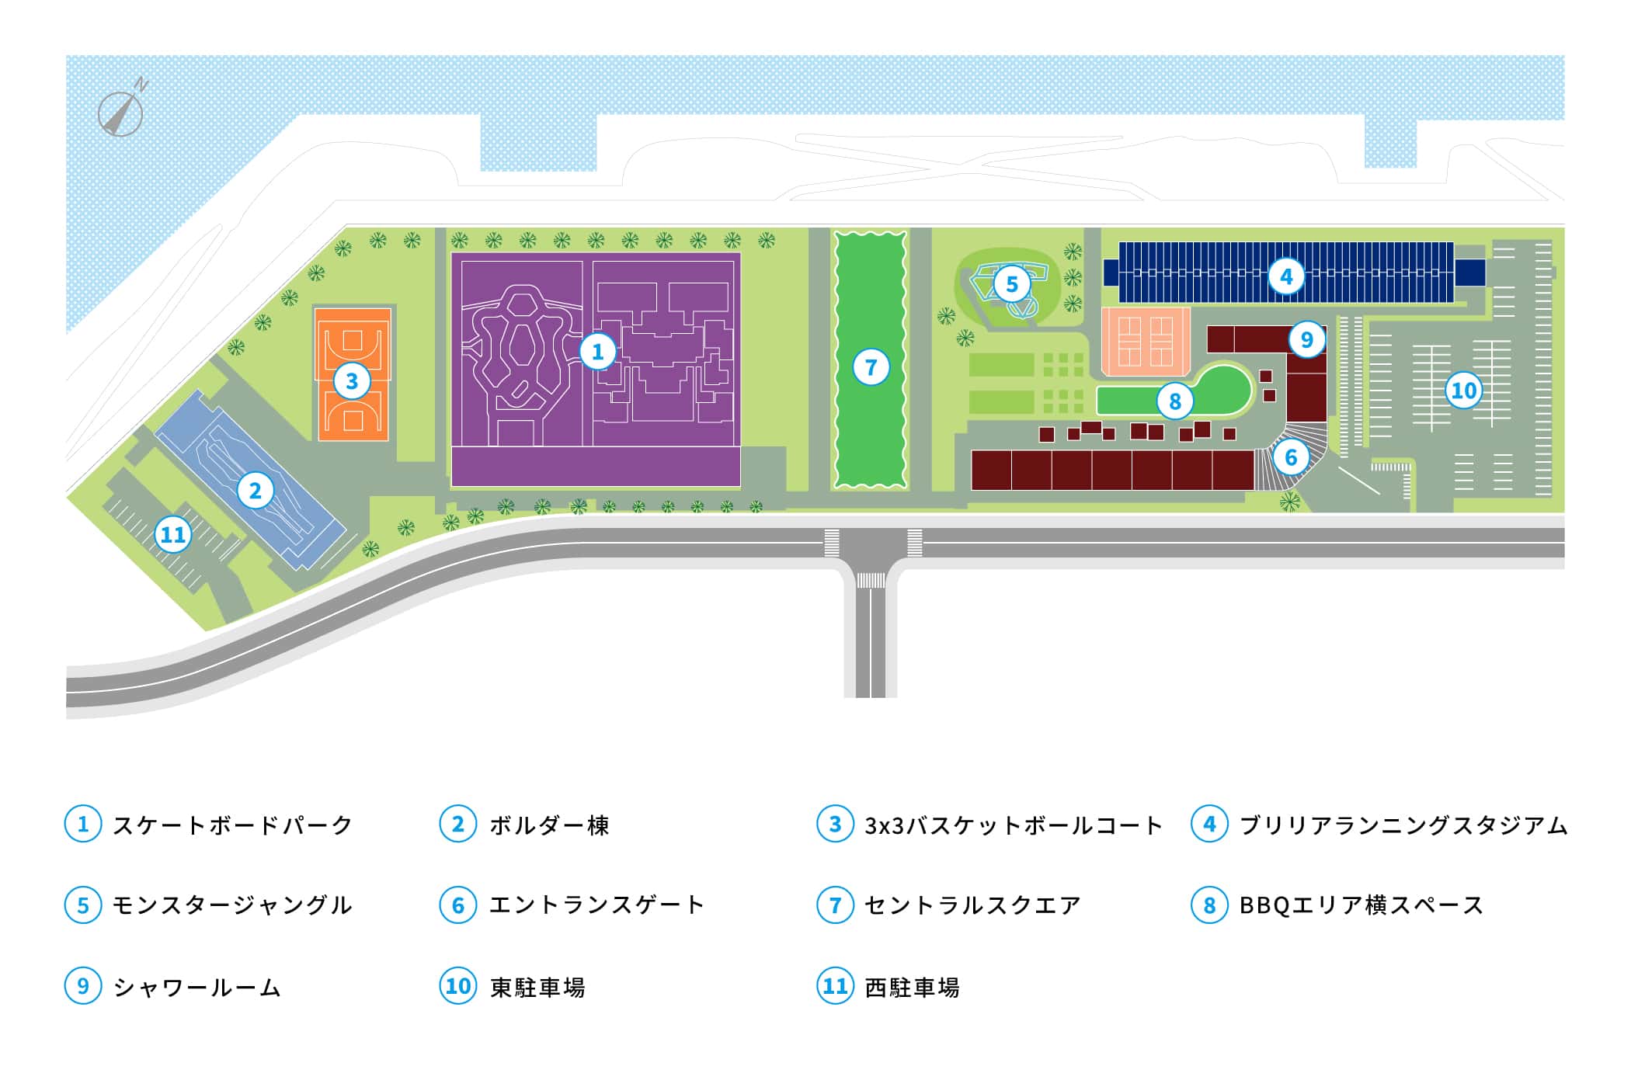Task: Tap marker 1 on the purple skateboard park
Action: point(597,352)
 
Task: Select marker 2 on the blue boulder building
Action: point(255,490)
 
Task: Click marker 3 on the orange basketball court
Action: point(352,380)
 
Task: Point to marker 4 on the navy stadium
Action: point(1286,276)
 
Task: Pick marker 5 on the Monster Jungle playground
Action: point(1011,284)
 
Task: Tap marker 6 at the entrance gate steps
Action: point(1291,457)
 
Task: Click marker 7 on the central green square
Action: point(870,366)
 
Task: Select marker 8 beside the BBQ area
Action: point(1174,401)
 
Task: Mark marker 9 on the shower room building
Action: point(1306,339)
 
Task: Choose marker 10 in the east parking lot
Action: point(1463,390)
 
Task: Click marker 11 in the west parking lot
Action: point(172,534)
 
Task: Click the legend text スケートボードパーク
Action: point(232,825)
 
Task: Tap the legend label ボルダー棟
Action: point(549,825)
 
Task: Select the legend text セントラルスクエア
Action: point(972,905)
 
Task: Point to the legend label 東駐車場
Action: point(537,987)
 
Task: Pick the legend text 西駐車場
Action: point(913,987)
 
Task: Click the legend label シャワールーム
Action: point(196,987)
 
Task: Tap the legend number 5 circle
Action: point(83,905)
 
